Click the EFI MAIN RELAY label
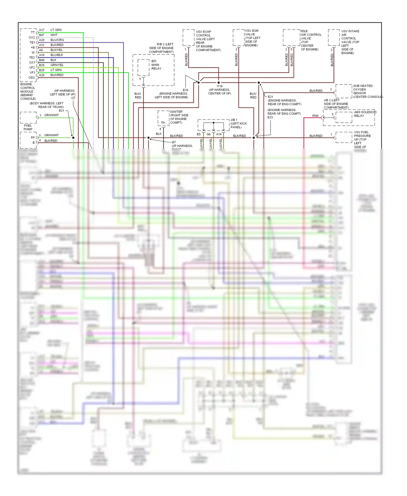156,65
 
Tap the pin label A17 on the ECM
42,30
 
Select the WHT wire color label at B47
54,35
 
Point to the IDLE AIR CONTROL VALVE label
311,40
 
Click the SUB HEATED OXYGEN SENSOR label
363,91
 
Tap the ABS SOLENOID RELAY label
365,114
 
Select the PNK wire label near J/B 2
315,116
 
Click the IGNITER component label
179,117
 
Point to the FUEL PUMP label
28,127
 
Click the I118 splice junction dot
218,82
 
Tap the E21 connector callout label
270,97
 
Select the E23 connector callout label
270,117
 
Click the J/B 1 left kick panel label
238,123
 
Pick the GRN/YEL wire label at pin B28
57,65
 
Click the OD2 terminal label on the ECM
31,78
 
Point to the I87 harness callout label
174,142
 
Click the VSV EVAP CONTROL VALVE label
208,41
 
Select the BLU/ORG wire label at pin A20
57,40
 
